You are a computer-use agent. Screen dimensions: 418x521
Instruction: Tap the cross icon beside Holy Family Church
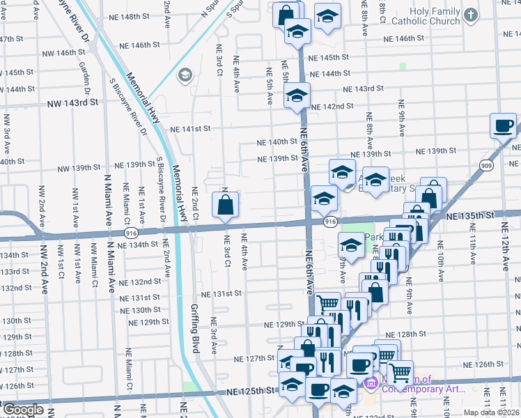[x=472, y=15]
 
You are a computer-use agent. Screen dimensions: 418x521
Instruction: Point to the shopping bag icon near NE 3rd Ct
[x=225, y=206]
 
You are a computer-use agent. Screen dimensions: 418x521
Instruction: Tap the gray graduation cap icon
[x=185, y=75]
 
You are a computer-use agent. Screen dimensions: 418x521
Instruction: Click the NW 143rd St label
[x=73, y=102]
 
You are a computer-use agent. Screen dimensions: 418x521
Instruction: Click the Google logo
[x=23, y=410]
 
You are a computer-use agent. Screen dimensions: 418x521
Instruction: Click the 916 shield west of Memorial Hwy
[x=130, y=232]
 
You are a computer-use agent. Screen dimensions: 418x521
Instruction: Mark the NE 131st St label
[x=221, y=293]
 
